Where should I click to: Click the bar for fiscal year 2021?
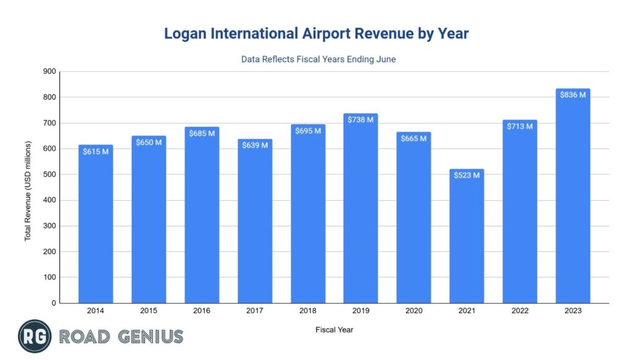(467, 241)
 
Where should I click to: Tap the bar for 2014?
(95, 229)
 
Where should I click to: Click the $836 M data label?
(572, 95)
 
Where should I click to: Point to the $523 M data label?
(467, 175)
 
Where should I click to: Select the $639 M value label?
(255, 145)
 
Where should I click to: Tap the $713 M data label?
(520, 126)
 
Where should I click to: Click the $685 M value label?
(202, 134)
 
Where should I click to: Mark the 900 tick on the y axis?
(49, 72)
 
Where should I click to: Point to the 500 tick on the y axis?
(49, 174)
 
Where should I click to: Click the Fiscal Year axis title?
(334, 330)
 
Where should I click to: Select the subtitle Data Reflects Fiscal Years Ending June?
(316, 61)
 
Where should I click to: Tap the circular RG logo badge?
(35, 336)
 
